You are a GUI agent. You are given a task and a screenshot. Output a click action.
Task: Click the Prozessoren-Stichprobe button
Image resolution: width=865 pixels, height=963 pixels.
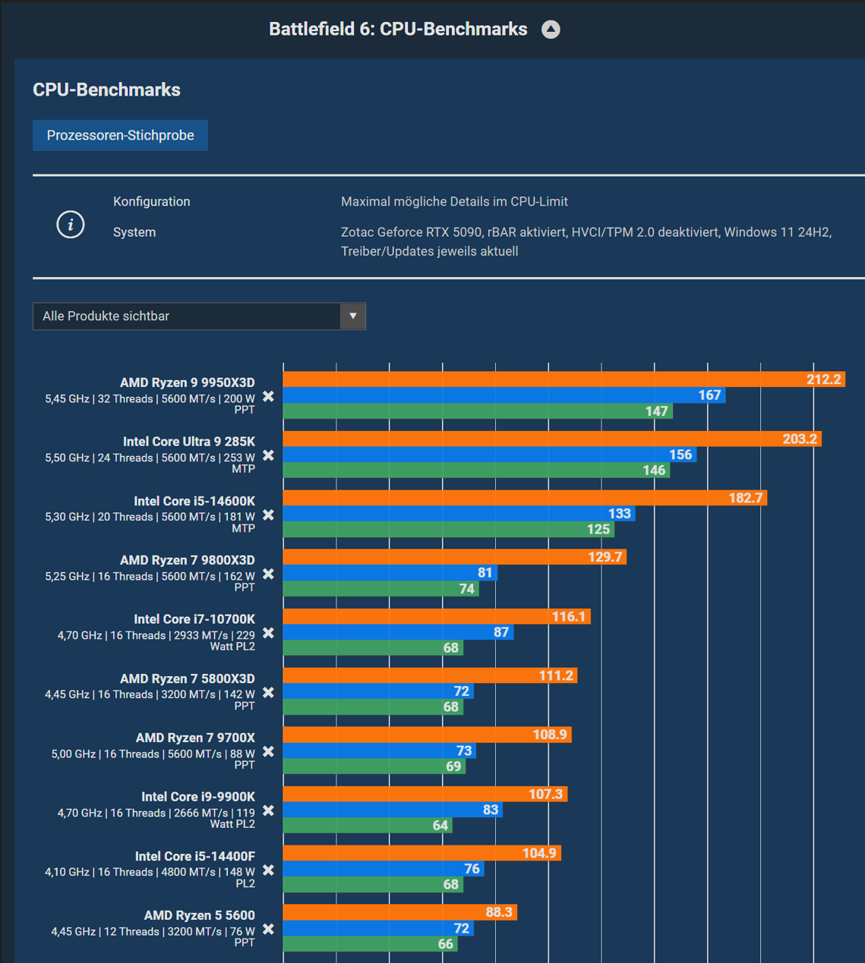click(120, 135)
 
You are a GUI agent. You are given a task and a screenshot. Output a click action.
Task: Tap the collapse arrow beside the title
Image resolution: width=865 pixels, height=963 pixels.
click(551, 30)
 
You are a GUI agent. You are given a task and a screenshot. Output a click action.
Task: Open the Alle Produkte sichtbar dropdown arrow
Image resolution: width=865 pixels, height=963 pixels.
click(352, 316)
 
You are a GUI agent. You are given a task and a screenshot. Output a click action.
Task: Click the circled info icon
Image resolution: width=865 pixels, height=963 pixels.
click(71, 225)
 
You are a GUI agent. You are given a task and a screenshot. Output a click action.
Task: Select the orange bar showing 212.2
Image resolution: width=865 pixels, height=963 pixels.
click(564, 379)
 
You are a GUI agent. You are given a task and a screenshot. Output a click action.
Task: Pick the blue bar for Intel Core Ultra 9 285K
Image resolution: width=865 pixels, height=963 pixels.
click(490, 455)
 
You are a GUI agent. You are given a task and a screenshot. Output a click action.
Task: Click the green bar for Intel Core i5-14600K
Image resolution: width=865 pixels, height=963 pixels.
click(449, 529)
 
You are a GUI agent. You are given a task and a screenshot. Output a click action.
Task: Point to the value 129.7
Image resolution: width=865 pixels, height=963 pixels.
click(605, 557)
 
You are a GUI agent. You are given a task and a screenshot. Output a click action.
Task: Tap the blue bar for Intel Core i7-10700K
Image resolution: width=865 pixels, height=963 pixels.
click(398, 632)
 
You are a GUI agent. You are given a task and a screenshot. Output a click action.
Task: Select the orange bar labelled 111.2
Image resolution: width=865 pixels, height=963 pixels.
click(430, 675)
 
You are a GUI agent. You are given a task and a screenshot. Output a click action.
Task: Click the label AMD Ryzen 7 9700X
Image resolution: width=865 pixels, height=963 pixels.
click(195, 738)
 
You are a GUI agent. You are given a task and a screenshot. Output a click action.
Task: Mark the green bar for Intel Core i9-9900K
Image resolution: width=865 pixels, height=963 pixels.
click(368, 825)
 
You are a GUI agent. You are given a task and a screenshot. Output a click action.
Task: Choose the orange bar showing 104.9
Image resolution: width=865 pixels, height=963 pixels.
click(421, 853)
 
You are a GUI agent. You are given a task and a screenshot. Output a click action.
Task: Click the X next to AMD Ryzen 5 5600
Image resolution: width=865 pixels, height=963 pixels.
click(268, 930)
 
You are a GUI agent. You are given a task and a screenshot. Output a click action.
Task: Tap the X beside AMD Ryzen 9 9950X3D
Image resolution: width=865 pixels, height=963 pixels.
click(268, 396)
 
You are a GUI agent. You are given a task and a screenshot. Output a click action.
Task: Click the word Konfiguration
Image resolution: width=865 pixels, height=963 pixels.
click(151, 202)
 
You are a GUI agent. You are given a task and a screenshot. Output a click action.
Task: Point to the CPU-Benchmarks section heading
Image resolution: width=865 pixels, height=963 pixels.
click(106, 90)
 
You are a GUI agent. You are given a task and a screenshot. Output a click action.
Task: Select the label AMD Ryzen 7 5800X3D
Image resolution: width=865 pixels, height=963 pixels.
click(187, 678)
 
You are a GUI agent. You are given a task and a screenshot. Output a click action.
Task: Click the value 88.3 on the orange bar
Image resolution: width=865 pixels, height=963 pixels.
click(498, 912)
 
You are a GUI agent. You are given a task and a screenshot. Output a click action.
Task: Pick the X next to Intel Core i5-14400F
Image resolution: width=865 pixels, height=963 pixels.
click(268, 870)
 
